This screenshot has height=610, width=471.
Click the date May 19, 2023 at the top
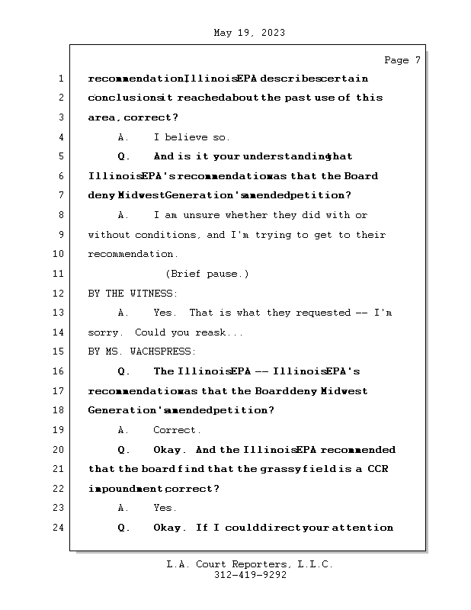(250, 33)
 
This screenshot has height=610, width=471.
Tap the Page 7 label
(402, 60)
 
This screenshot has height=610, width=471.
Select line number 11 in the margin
(60, 274)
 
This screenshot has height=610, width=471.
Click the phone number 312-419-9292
(250, 576)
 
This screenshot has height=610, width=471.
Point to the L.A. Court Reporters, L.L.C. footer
(250, 564)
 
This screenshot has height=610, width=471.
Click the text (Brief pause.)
(207, 274)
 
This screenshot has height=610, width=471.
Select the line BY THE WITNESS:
(133, 293)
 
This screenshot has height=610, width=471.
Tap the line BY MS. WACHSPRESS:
(142, 352)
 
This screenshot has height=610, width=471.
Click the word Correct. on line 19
(177, 430)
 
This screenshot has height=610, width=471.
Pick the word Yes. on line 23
(165, 508)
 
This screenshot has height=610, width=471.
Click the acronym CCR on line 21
(376, 469)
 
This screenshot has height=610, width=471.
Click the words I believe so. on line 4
(191, 137)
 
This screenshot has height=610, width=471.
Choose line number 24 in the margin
(60, 528)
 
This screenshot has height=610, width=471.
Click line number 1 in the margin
(60, 79)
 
